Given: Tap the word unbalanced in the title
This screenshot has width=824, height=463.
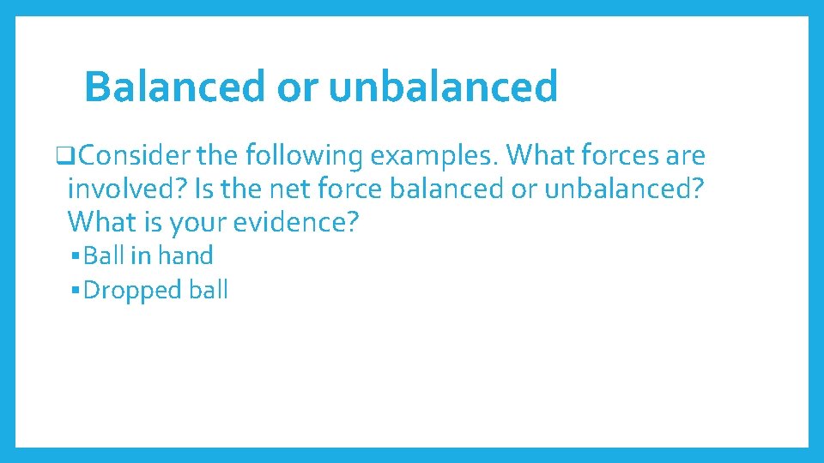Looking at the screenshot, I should [x=443, y=87].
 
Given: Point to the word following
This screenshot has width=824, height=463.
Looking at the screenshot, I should [x=307, y=156].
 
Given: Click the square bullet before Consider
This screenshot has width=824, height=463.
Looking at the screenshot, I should [x=62, y=157].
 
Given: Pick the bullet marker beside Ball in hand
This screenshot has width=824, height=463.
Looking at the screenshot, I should [x=76, y=256].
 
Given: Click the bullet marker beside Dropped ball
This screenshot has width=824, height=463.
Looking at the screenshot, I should [x=76, y=290].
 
